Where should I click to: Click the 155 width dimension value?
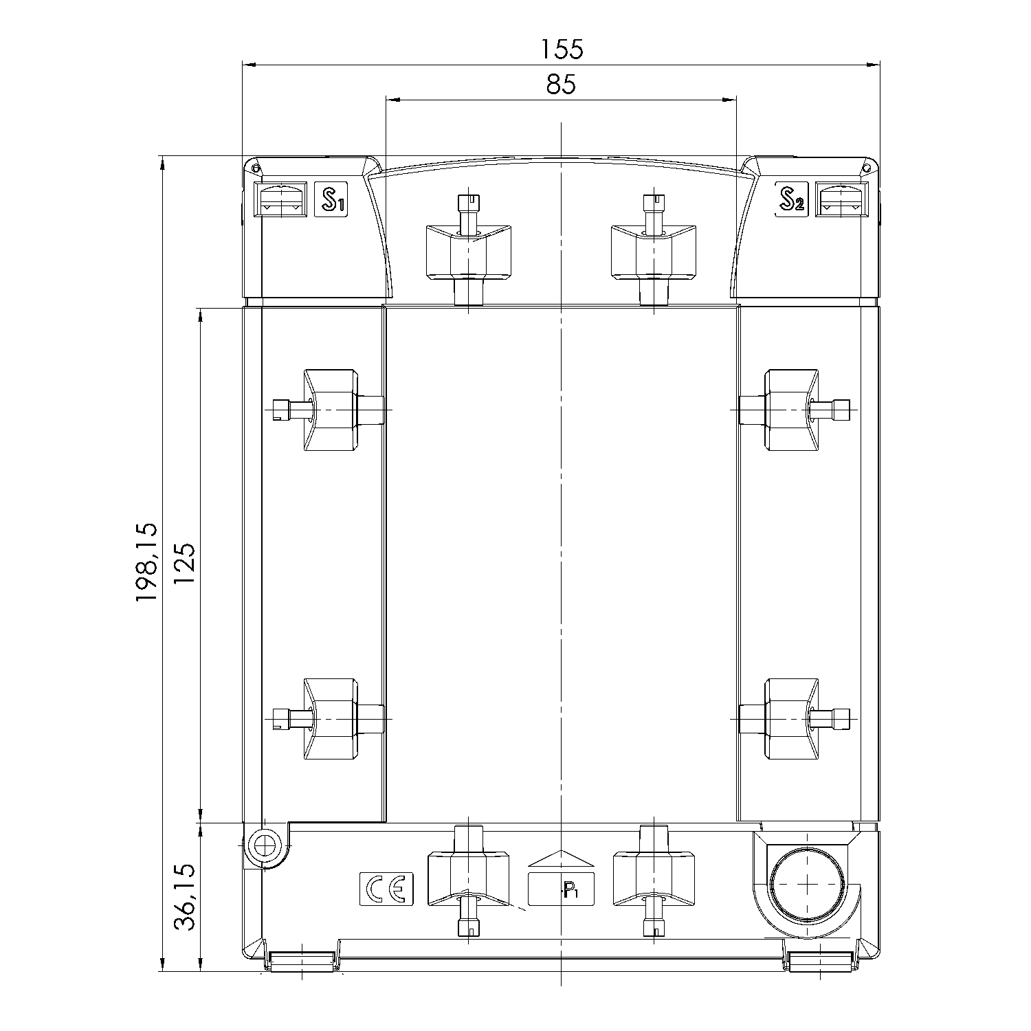click(x=562, y=49)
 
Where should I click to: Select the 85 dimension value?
click(x=561, y=85)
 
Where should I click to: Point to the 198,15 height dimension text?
click(x=146, y=563)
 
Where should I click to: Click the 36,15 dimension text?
click(x=184, y=898)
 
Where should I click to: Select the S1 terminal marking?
click(x=331, y=200)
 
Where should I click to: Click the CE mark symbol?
click(x=386, y=889)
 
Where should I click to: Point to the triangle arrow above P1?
click(x=560, y=860)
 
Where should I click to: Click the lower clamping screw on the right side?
click(x=792, y=718)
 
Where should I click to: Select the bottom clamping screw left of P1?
click(x=468, y=880)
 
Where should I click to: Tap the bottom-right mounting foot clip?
click(x=821, y=960)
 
